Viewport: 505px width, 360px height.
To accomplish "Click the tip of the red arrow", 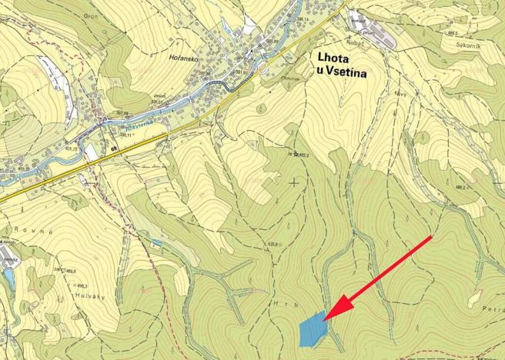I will pyautogui.click(x=325, y=318).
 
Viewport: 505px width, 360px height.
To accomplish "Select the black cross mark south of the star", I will pyautogui.click(x=293, y=182).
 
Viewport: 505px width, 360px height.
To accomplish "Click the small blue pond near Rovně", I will pyautogui.click(x=8, y=275).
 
